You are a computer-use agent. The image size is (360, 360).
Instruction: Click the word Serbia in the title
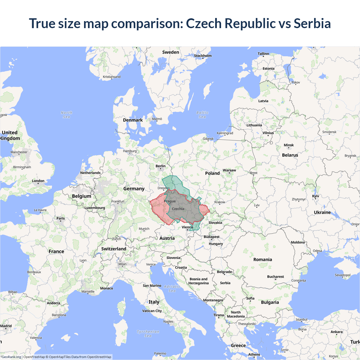312,23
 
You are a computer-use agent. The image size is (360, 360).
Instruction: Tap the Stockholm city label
203,56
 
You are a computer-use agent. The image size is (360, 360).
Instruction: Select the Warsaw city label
229,170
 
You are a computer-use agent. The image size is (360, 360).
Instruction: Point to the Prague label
170,201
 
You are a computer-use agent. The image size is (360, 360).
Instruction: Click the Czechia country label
178,209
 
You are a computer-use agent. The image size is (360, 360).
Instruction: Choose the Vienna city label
187,227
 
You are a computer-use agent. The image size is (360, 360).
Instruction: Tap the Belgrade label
224,272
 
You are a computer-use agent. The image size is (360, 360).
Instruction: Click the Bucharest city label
275,276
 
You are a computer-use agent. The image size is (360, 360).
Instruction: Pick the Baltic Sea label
202,114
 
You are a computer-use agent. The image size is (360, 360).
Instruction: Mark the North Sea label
66,114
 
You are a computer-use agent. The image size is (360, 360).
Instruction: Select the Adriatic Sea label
172,289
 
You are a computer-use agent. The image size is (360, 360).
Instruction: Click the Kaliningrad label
225,133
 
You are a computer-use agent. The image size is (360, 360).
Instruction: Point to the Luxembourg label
95,208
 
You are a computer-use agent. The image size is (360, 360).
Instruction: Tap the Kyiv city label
316,196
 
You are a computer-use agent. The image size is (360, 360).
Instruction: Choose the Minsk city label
289,145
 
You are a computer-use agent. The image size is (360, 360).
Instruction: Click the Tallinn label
263,54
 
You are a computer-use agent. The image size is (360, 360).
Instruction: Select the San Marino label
152,285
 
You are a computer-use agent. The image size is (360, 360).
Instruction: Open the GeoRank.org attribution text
11,357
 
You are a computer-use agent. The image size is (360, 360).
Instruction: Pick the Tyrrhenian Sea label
148,334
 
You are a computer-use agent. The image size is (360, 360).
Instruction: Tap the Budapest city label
211,237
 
